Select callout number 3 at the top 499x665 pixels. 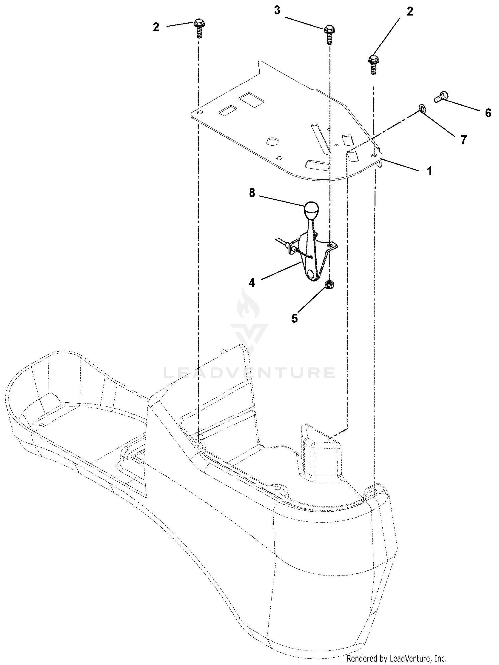coord(277,10)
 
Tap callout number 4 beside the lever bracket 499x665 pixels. coord(252,283)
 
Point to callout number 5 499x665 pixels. coord(295,318)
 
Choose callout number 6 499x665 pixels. coord(488,113)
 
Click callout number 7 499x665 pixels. coord(464,140)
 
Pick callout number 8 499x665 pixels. coord(252,193)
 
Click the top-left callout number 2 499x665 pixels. coord(156,27)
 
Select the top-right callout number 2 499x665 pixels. coord(410,12)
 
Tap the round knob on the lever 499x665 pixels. coord(311,210)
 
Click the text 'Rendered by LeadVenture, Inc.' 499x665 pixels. coord(397,658)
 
